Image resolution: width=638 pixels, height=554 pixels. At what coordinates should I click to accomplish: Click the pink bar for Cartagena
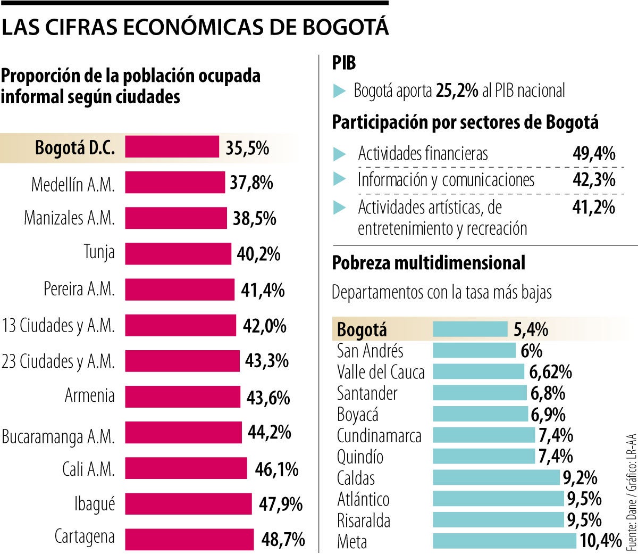pos(189,539)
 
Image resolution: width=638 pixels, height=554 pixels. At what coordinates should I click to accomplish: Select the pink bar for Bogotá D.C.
pos(172,147)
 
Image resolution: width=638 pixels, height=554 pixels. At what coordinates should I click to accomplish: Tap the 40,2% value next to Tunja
pos(258,254)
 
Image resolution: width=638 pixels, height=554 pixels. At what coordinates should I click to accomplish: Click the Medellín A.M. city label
pos(73,184)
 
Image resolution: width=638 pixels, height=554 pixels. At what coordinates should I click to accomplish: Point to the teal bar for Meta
pos(504,541)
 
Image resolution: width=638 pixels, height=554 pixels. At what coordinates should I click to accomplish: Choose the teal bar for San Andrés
pos(474,351)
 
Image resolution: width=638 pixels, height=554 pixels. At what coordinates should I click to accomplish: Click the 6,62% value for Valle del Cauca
pos(550,372)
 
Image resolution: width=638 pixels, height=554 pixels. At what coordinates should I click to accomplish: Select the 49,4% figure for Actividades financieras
pos(593,154)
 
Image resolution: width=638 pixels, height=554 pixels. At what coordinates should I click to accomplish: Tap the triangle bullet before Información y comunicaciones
pos(339,180)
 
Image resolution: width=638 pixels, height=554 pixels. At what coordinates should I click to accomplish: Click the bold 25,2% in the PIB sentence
pos(457,91)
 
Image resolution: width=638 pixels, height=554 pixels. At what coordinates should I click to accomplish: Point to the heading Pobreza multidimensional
pos(429,263)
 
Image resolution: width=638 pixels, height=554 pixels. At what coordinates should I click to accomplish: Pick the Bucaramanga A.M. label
pos(58,436)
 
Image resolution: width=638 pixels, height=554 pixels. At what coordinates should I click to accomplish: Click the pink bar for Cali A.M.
pos(186,469)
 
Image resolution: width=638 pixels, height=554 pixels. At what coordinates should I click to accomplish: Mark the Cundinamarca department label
pos(379,436)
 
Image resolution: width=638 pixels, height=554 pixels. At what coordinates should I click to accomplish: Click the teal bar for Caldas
pos(497,478)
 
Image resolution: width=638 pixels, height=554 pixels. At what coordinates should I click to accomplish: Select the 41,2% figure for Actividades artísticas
pos(593,207)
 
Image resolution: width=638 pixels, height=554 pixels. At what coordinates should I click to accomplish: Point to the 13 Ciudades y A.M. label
pos(58,325)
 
